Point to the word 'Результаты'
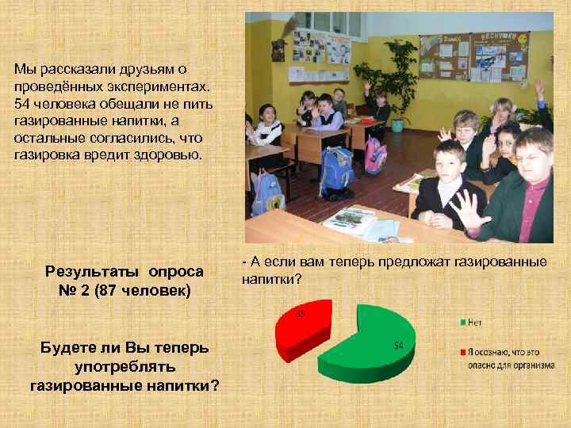88,272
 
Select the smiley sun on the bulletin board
523,38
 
